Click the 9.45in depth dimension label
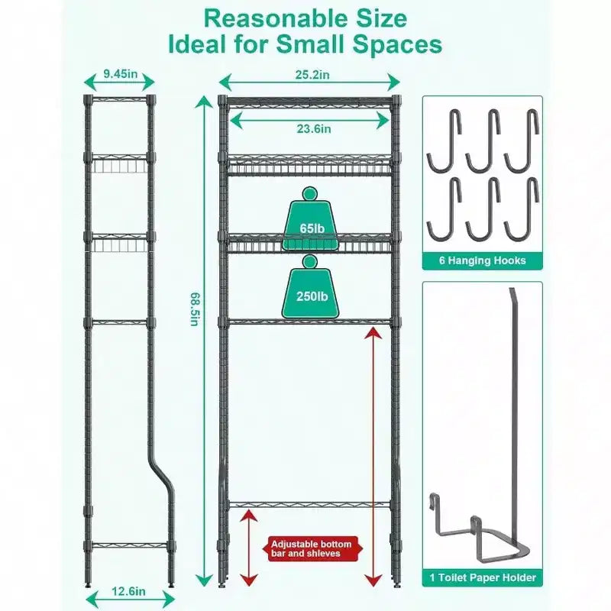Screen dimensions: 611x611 [x=121, y=73]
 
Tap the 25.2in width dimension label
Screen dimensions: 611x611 [x=312, y=74]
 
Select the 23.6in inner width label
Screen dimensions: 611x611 [x=314, y=128]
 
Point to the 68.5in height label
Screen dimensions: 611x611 [x=195, y=309]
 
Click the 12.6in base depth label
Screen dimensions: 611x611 [x=128, y=591]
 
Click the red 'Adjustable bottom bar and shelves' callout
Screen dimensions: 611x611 [x=312, y=549]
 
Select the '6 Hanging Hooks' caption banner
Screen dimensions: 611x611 [x=483, y=260]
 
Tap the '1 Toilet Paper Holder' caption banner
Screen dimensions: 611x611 [x=483, y=577]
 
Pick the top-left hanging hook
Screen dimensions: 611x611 [x=445, y=141]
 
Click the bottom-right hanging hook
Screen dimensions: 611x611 [x=522, y=209]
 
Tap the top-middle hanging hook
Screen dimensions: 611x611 [x=483, y=141]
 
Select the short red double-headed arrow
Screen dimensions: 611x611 [x=250, y=548]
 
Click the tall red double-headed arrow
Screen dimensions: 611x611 [x=374, y=457]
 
